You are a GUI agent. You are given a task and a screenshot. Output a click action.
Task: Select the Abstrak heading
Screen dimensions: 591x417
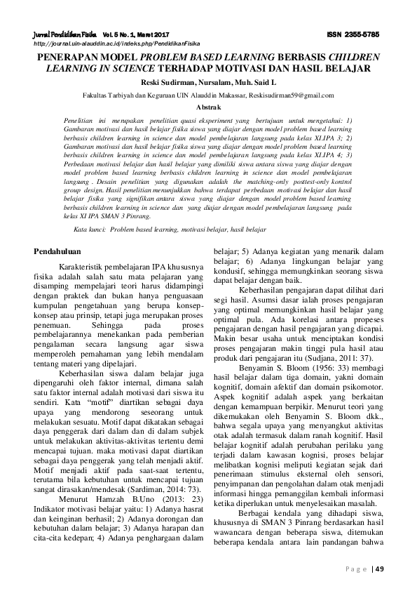[x=208, y=107]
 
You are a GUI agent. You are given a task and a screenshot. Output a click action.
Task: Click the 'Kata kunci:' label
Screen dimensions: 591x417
[x=90, y=230]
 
